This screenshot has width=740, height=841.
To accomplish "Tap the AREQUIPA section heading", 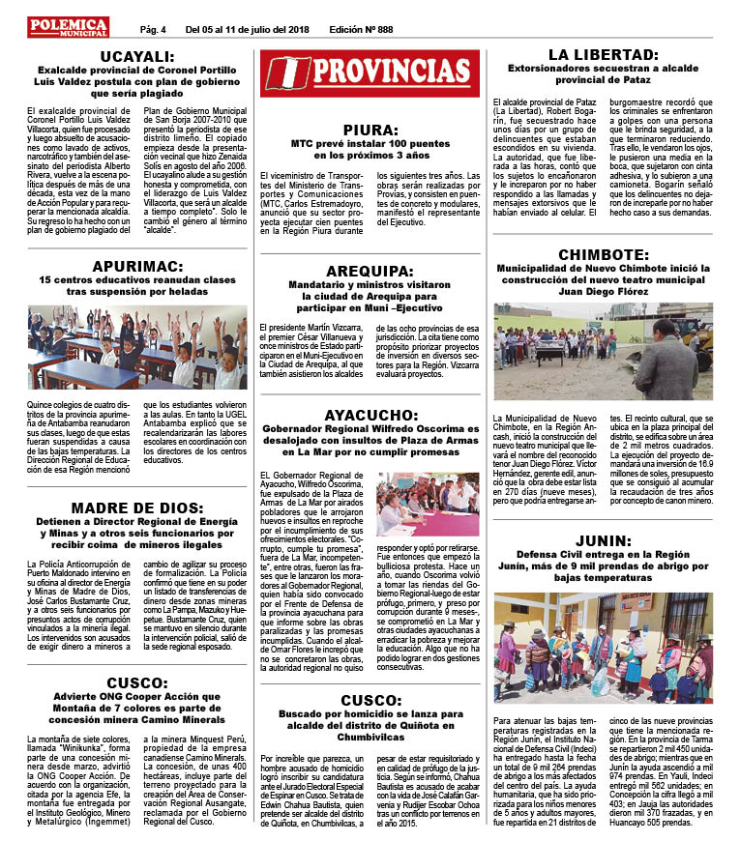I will [370, 272].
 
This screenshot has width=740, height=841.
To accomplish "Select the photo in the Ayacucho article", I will [429, 502].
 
